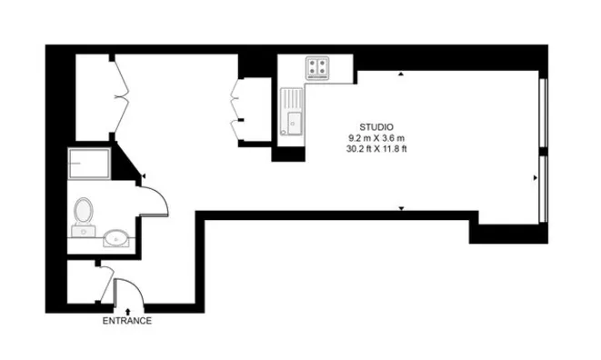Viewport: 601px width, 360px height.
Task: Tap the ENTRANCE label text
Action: [127, 321]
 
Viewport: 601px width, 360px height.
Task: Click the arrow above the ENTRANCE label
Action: [127, 312]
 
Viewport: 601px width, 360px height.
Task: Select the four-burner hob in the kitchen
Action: [317, 68]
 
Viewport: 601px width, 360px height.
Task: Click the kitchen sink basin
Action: [295, 123]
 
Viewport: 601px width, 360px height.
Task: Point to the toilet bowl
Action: [84, 210]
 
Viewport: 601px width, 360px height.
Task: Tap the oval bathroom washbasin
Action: [116, 238]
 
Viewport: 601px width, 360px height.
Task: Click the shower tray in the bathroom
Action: [89, 164]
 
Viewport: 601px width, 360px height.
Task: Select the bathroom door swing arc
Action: [160, 195]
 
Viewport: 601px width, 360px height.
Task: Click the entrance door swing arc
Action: [136, 285]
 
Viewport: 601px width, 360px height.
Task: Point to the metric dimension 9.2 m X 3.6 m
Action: [376, 138]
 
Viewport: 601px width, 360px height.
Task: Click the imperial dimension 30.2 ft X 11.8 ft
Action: [376, 149]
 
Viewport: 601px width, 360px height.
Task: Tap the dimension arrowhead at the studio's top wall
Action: [401, 74]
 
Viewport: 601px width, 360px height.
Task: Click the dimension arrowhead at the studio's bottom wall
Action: [401, 208]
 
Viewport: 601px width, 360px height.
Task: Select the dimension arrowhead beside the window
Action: [535, 178]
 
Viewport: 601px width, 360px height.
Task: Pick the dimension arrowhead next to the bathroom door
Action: [144, 176]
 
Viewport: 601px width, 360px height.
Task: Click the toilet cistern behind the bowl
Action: [83, 231]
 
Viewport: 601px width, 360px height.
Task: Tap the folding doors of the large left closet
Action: [121, 97]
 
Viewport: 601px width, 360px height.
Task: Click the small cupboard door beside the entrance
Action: [107, 285]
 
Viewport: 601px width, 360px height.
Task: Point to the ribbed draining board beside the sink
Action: [291, 100]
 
